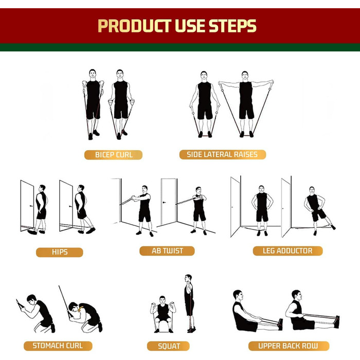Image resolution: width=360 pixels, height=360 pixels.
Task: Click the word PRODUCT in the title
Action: tap(135, 26)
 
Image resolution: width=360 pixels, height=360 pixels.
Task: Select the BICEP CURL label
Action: tap(114, 155)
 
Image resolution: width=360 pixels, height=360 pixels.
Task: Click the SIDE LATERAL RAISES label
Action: tap(223, 154)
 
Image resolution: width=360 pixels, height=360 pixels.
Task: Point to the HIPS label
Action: tap(60, 252)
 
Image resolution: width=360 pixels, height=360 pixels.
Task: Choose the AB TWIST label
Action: tap(167, 251)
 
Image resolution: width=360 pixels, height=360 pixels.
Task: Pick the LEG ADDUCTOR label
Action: tap(287, 251)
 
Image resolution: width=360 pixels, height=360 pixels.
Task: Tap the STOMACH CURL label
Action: tap(58, 346)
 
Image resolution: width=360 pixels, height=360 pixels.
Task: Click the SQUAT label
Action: tap(168, 346)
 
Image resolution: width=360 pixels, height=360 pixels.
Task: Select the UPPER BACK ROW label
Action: tap(289, 346)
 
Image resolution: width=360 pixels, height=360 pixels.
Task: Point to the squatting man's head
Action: tap(163, 300)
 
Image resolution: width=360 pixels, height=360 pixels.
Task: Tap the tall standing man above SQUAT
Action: tap(189, 303)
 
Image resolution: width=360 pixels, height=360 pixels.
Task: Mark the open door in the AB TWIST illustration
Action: tap(169, 202)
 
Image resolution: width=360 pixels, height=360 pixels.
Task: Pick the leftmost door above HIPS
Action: tap(27, 206)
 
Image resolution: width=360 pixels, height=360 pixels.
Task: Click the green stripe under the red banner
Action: tap(180, 47)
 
